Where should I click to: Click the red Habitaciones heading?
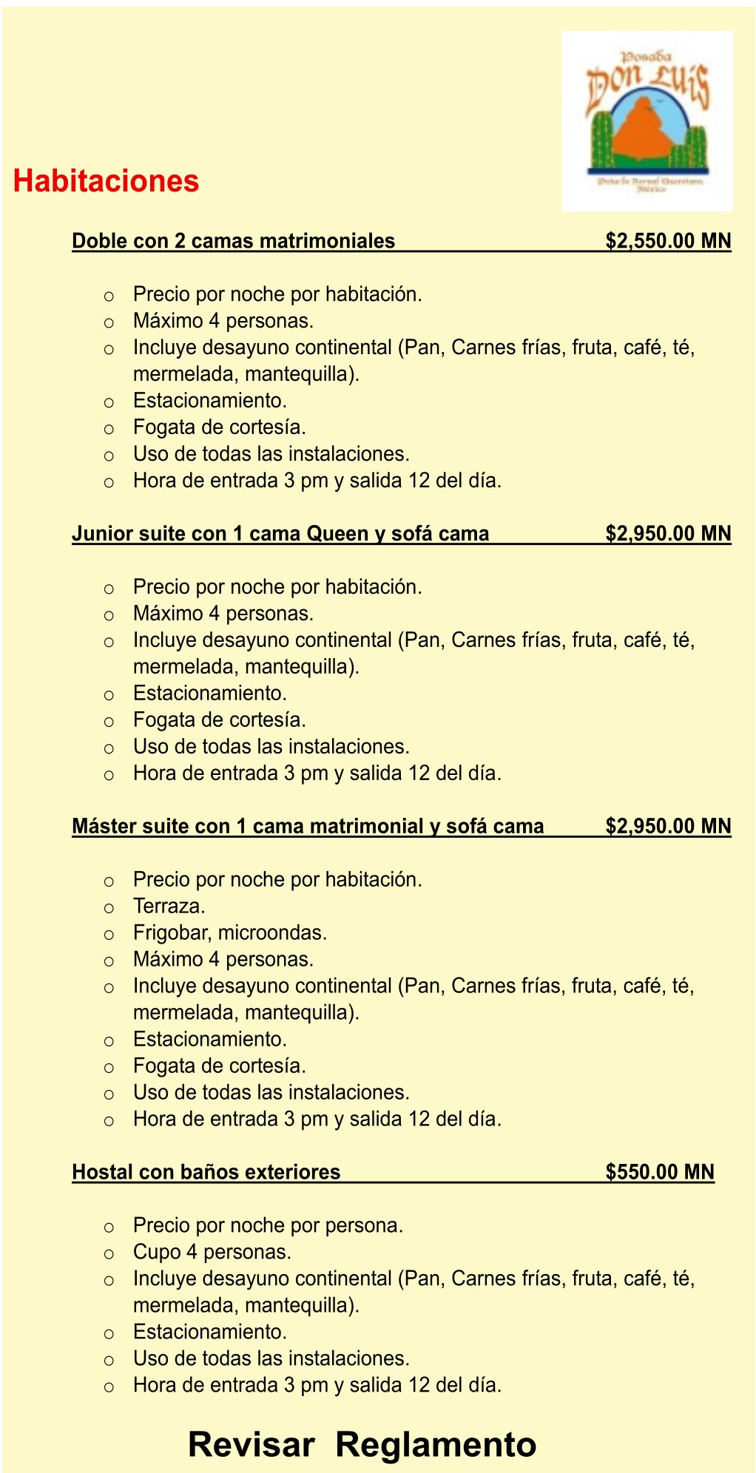click(x=107, y=181)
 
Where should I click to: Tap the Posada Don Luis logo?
click(x=647, y=121)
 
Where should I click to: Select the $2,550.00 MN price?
click(x=667, y=241)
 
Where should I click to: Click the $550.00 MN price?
click(x=659, y=1171)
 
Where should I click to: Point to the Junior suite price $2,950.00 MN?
click(x=667, y=534)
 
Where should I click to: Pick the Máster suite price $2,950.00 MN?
click(x=667, y=826)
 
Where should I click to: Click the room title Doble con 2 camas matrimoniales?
click(x=233, y=241)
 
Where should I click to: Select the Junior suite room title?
click(x=280, y=534)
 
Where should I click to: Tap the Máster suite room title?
click(x=308, y=826)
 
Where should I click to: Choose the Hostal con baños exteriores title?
click(x=206, y=1171)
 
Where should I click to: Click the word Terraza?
click(x=169, y=906)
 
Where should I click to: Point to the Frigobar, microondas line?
click(x=229, y=932)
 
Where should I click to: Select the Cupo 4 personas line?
click(x=212, y=1252)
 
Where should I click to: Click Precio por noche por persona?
click(x=268, y=1225)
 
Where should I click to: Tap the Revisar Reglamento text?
click(x=362, y=1444)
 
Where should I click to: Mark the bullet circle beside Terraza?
click(x=109, y=907)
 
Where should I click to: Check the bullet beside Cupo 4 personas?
click(x=109, y=1253)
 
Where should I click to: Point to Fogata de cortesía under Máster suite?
click(x=219, y=1066)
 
